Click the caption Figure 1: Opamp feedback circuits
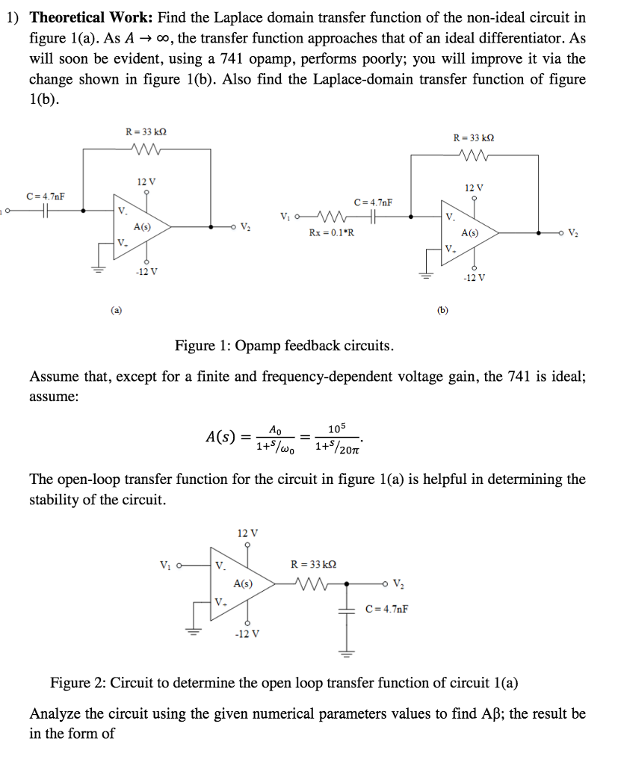point(283,345)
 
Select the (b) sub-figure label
point(443,309)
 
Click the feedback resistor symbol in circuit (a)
point(141,148)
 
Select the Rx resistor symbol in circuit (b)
point(331,217)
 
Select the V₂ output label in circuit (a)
point(247,226)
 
